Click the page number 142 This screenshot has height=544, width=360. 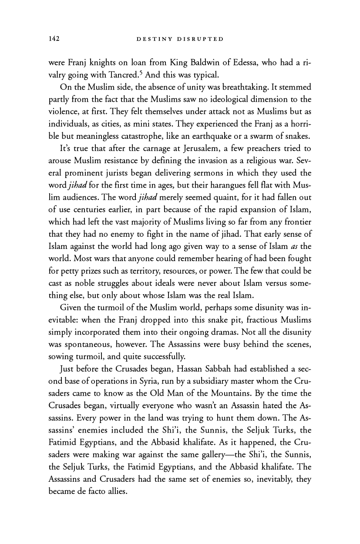pyautogui.click(x=54, y=39)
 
